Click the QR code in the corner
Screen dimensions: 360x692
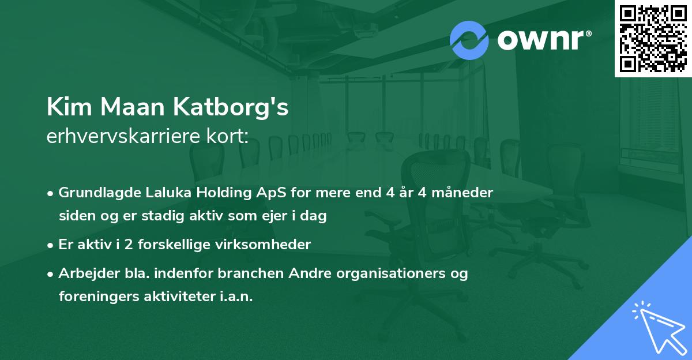click(x=653, y=38)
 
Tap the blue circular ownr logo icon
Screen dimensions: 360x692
click(x=469, y=40)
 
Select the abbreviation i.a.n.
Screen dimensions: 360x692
click(x=235, y=297)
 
